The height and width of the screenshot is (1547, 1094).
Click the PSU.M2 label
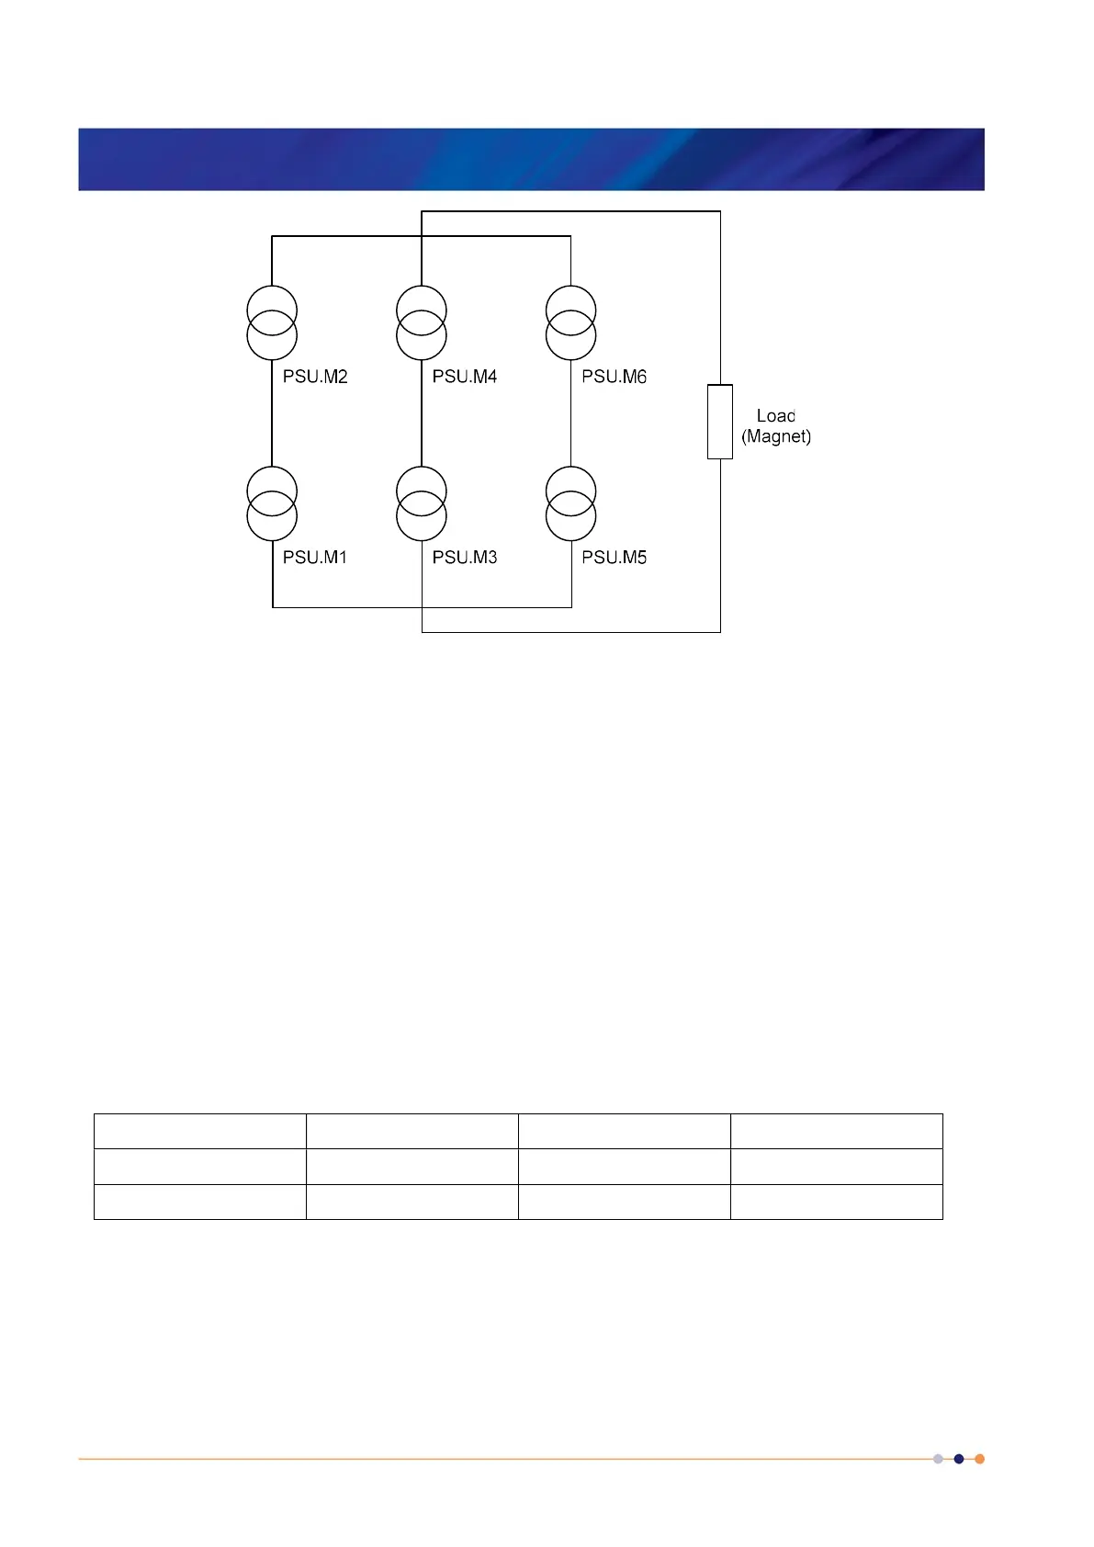tap(315, 377)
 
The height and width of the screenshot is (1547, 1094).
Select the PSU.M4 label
tap(465, 377)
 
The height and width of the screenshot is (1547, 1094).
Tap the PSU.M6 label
tap(615, 377)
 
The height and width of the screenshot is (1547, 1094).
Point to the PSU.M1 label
tap(315, 558)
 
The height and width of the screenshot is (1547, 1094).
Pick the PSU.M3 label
tap(465, 558)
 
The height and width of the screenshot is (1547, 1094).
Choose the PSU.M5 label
tap(615, 558)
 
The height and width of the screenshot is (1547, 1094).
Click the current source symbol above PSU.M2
tap(272, 322)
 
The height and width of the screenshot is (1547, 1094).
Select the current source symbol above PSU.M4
tap(422, 322)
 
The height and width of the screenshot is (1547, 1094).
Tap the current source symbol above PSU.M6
tap(571, 322)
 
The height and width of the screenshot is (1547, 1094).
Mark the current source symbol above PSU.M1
tap(272, 503)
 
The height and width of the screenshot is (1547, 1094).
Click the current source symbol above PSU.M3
tap(422, 503)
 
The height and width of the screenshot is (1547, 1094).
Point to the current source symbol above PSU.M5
tap(571, 503)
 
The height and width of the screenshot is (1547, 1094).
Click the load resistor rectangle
tap(720, 422)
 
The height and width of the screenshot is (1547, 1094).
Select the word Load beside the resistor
tap(776, 416)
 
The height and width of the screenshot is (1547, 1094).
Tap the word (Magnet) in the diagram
tap(776, 436)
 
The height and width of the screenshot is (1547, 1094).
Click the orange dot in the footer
tap(979, 1459)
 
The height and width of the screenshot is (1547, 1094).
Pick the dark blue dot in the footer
tap(959, 1459)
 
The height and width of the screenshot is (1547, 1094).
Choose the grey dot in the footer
tap(938, 1459)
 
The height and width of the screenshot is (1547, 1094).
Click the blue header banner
tap(531, 159)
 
